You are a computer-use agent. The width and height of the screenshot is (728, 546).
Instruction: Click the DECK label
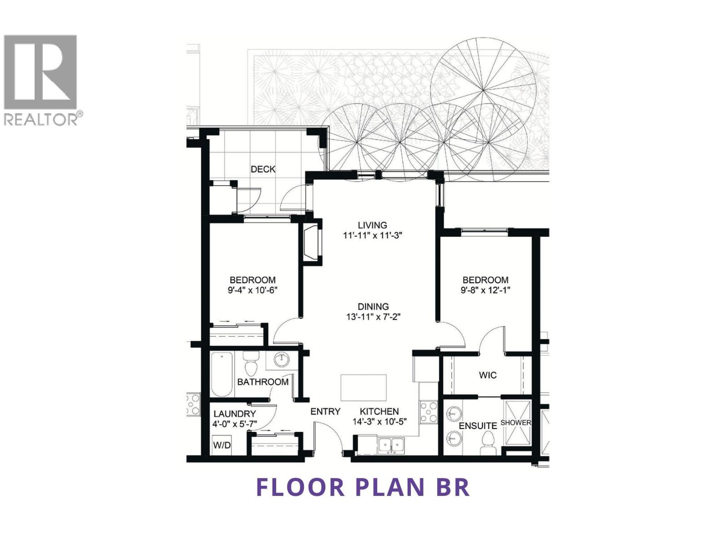[263, 169]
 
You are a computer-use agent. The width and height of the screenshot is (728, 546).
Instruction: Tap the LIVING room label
[372, 225]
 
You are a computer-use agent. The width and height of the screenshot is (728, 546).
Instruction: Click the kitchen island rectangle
[364, 387]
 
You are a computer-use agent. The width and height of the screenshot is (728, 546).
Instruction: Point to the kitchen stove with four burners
[428, 411]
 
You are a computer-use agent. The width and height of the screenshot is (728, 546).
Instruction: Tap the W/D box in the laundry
[222, 445]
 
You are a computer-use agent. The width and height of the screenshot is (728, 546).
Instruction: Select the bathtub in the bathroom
[222, 375]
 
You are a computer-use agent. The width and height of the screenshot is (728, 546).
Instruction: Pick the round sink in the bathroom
[281, 360]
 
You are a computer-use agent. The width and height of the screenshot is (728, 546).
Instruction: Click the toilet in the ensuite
[488, 441]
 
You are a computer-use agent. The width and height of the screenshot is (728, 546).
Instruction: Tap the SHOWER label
[516, 422]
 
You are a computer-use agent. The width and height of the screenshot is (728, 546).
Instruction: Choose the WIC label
[488, 375]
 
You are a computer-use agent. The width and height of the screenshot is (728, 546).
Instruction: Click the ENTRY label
[325, 411]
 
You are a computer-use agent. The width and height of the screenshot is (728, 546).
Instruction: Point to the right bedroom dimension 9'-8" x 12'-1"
[485, 290]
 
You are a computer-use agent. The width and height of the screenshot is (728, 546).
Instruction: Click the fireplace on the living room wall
[312, 243]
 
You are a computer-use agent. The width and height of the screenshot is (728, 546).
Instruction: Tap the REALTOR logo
[41, 80]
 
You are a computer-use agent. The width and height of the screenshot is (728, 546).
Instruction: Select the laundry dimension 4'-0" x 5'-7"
[235, 424]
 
